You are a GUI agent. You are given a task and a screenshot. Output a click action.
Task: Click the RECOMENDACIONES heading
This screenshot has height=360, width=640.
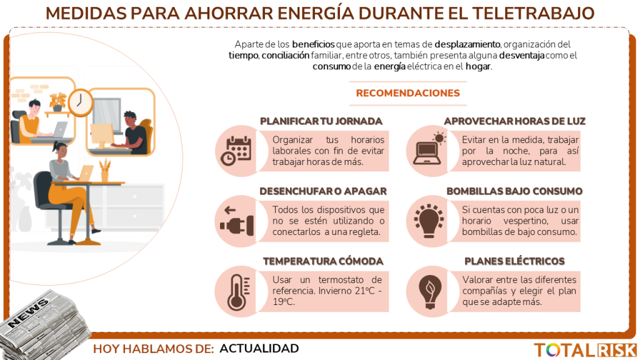coord(407,93)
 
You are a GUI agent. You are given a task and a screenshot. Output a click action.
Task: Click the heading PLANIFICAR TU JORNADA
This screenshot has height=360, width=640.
coord(321,121)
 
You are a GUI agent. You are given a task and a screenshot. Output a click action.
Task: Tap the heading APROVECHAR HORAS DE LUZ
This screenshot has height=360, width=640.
coord(514,121)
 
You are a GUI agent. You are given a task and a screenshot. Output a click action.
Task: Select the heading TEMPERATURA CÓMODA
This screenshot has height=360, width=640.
coord(322,261)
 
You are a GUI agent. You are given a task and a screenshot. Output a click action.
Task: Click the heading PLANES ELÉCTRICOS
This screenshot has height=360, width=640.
coord(514,261)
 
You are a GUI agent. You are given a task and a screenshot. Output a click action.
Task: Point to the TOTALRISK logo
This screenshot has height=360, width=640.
coord(584,350)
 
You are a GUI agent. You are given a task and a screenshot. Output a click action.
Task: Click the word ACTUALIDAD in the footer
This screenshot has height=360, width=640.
coord(259,349)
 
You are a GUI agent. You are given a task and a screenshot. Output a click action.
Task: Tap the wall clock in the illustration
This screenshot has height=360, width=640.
coord(80,102)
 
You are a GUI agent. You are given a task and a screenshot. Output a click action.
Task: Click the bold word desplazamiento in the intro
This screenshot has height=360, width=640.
coord(467,44)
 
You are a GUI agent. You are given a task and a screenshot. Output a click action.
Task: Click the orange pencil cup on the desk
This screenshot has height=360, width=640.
coord(104,172)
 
